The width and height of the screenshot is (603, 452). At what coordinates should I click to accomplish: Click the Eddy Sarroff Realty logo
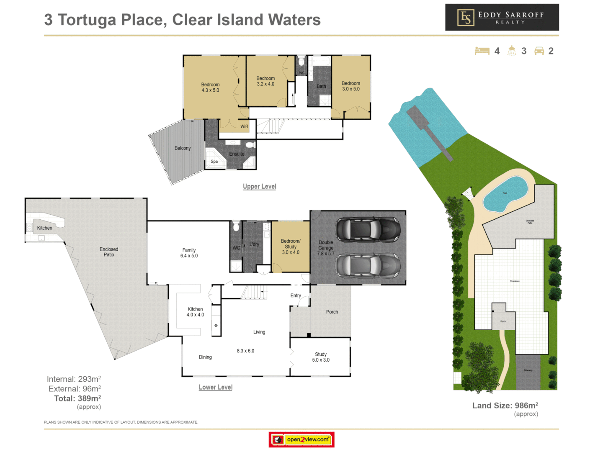tap(502, 17)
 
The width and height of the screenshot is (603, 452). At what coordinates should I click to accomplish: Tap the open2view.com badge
tap(301, 439)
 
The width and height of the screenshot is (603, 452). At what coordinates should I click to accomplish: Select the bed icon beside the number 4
tap(482, 51)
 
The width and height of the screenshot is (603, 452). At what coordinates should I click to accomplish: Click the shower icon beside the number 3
tap(512, 51)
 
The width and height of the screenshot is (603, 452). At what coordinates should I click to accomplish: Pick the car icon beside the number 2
tap(539, 51)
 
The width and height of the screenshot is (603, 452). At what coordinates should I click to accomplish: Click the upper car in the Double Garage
tap(368, 229)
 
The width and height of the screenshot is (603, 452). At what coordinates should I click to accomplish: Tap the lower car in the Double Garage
tap(368, 266)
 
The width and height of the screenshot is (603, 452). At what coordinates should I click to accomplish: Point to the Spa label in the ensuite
tap(214, 162)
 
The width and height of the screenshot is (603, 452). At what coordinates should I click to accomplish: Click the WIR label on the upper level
tap(244, 126)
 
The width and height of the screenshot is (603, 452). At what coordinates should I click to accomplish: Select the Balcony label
tap(183, 148)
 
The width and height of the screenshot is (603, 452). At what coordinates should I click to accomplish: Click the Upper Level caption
tap(259, 186)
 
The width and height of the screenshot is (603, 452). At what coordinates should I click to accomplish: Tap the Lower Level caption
tap(215, 387)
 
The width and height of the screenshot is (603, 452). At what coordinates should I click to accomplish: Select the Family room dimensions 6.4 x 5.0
tap(189, 256)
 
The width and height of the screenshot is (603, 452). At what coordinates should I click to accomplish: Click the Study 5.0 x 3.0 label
tap(321, 357)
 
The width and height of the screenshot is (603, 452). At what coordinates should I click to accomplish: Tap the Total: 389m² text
tap(77, 398)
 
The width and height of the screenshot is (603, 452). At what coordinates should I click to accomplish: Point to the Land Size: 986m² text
tap(505, 406)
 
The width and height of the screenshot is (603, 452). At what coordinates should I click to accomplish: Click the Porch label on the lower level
tap(332, 312)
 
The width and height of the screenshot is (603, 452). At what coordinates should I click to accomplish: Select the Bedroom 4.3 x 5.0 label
tap(210, 87)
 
